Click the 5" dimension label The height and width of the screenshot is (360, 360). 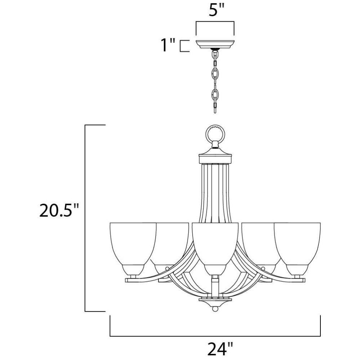coord(216,10)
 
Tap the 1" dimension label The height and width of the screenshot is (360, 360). coord(168,45)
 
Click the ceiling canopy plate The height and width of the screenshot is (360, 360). coord(215,44)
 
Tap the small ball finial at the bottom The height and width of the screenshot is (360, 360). coord(215,309)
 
